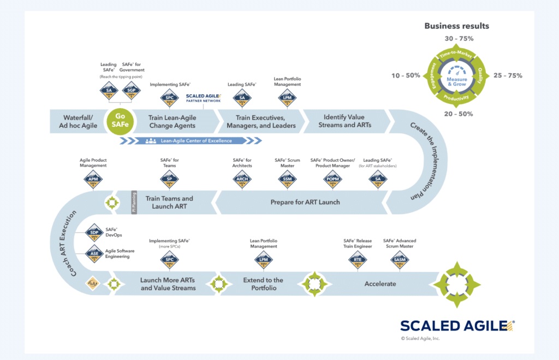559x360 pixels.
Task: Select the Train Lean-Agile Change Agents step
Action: click(172, 121)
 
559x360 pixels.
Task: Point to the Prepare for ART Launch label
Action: click(305, 202)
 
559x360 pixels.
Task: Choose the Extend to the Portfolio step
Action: click(263, 284)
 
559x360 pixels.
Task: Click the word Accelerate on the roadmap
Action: click(380, 284)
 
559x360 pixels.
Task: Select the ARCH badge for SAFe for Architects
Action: click(242, 179)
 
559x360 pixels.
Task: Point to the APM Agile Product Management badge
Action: click(93, 179)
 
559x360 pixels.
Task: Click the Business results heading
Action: click(456, 26)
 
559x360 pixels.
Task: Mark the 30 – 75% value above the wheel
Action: click(459, 39)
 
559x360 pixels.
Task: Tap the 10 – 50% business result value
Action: click(406, 75)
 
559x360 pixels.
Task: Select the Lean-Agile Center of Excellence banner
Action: click(188, 141)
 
